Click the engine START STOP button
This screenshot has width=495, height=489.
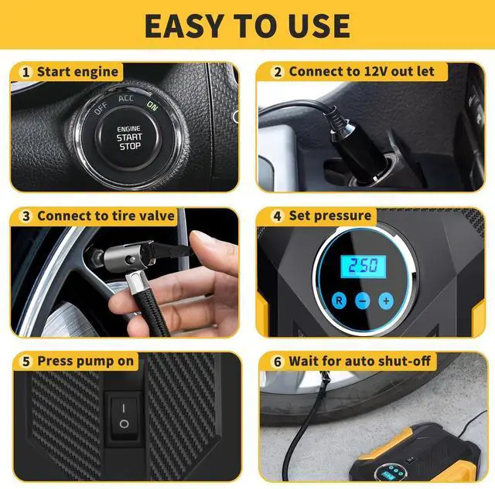pyautogui.click(x=128, y=138)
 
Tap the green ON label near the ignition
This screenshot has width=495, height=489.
pyautogui.click(x=152, y=107)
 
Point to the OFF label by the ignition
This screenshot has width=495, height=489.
pyautogui.click(x=101, y=109)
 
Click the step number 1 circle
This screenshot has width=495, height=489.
pyautogui.click(x=26, y=72)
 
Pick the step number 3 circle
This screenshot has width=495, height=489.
pyautogui.click(x=26, y=216)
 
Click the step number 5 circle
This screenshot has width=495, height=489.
pyautogui.click(x=26, y=361)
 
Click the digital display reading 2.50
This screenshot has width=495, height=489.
pyautogui.click(x=363, y=266)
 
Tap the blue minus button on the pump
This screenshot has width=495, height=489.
pyautogui.click(x=362, y=300)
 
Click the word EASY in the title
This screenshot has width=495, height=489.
pyautogui.click(x=190, y=25)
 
